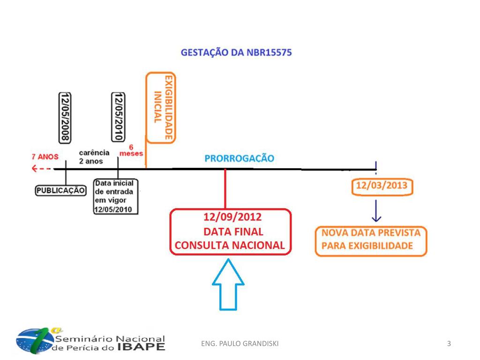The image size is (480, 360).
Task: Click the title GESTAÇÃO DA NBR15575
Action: click(236, 53)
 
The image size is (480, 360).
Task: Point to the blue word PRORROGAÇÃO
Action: click(239, 158)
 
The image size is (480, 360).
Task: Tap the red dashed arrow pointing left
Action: click(41, 169)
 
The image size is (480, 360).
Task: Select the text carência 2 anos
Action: click(94, 157)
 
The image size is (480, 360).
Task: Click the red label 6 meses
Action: click(131, 150)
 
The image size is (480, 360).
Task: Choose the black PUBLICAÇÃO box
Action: click(61, 190)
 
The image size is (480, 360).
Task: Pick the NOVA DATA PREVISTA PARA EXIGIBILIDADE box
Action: click(370, 240)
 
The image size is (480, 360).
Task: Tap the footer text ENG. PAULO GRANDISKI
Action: click(240, 344)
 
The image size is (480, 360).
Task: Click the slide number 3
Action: click(449, 344)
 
